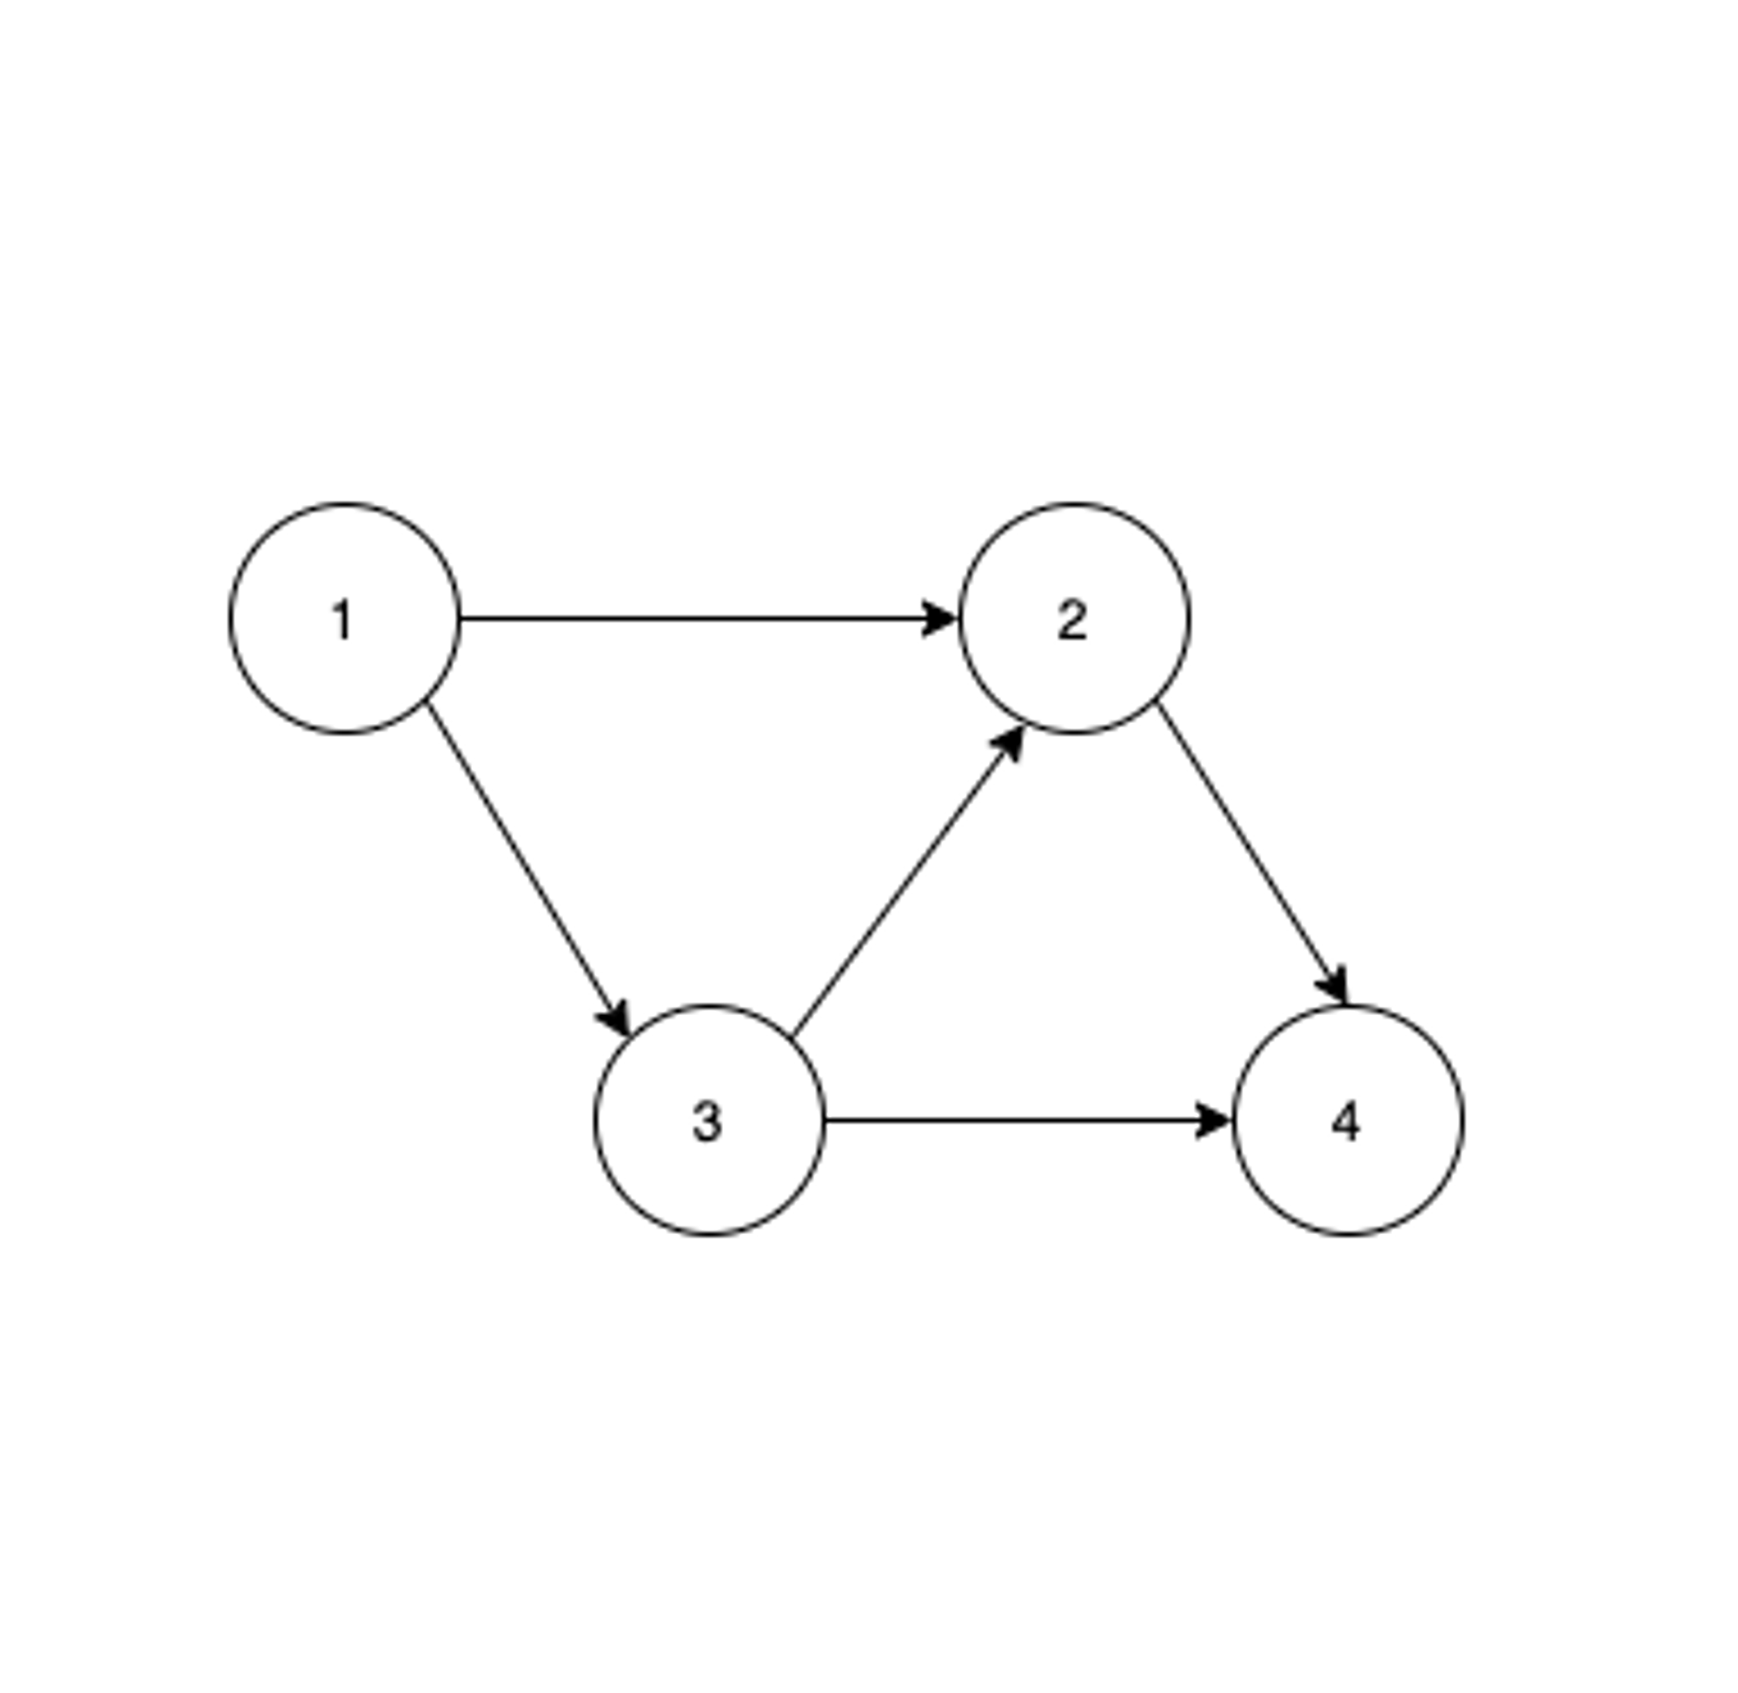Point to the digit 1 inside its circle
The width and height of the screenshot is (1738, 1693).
pos(343,620)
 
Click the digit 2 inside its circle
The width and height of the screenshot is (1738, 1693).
pos(1072,620)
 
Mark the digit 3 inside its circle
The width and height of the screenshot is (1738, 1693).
pos(707,1121)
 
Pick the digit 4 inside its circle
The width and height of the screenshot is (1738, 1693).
pos(1346,1121)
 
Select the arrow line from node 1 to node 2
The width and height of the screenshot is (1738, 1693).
pos(693,618)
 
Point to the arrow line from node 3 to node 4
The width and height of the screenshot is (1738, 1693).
pos(1013,1120)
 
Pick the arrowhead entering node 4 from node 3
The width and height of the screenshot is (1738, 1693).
pos(1214,1120)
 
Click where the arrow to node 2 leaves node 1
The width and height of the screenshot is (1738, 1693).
pos(461,618)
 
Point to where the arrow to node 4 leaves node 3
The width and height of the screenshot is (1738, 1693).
pos(826,1120)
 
